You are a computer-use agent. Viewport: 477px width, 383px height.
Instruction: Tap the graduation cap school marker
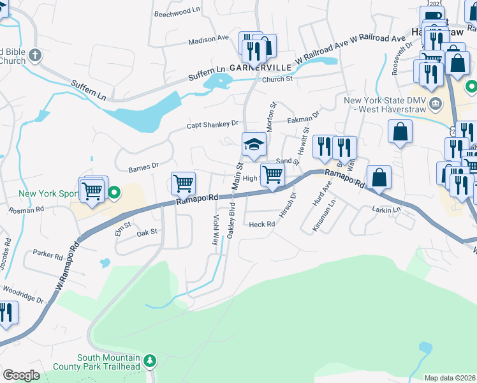pyautogui.click(x=253, y=143)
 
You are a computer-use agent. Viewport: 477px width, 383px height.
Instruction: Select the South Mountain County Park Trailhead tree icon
pyautogui.click(x=150, y=362)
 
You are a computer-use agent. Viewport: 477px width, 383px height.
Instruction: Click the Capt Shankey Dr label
pyautogui.click(x=212, y=124)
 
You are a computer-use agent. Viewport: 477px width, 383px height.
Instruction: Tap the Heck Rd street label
pyautogui.click(x=262, y=224)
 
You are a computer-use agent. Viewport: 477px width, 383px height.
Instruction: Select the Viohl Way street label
pyautogui.click(x=215, y=230)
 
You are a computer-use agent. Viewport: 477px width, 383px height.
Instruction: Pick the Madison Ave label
pyautogui.click(x=208, y=39)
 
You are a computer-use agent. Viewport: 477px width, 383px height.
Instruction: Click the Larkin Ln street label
pyautogui.click(x=387, y=209)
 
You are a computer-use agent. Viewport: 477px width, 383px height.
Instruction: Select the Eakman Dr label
pyautogui.click(x=303, y=119)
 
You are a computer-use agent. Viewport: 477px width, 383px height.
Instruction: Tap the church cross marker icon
pyautogui.click(x=34, y=56)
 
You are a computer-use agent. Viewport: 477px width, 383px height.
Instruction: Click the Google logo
pyautogui.click(x=22, y=375)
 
